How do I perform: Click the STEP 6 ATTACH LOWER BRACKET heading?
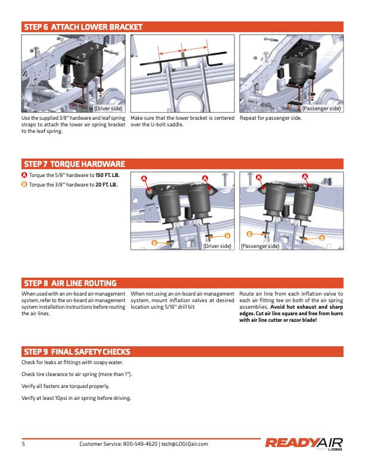[83, 27]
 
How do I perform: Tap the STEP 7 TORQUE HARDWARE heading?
[75, 164]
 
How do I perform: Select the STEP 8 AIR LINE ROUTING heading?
[70, 283]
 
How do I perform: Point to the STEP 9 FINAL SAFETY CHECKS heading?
[77, 352]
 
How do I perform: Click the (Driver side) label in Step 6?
[108, 108]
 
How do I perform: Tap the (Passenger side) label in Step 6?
[321, 108]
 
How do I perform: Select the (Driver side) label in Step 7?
[217, 246]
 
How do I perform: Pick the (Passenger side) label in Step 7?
[260, 246]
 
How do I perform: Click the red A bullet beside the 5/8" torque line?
[24, 175]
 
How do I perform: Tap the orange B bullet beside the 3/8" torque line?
[24, 185]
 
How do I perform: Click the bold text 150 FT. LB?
[107, 175]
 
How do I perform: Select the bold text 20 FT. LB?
[106, 185]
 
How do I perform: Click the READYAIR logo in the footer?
[304, 443]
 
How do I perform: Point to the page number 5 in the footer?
[23, 444]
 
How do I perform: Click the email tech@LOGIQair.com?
[185, 444]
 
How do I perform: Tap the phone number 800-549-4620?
[140, 444]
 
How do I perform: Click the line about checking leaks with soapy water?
[72, 362]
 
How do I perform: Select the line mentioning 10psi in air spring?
[76, 398]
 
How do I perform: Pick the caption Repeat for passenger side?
[270, 118]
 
